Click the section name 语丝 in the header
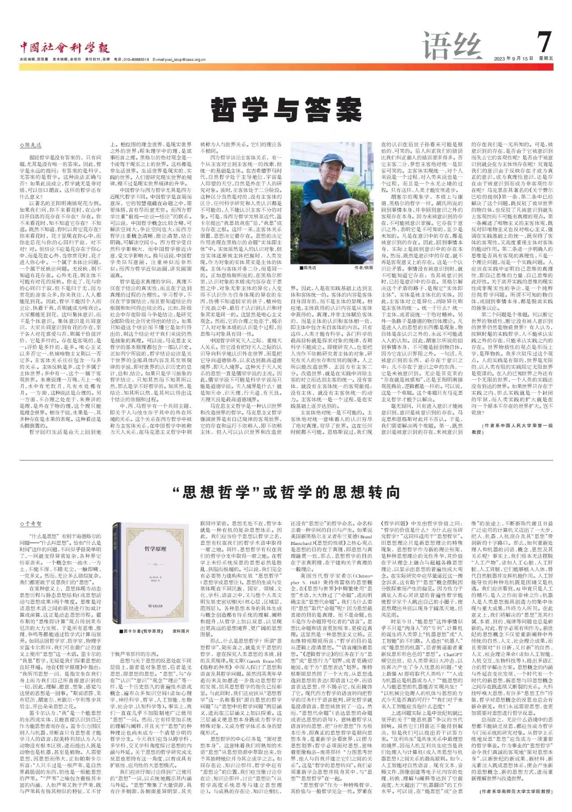pyautogui.click(x=452, y=46)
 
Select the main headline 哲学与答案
pyautogui.click(x=286, y=110)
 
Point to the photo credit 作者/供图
pyautogui.click(x=362, y=268)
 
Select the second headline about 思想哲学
pyautogui.click(x=286, y=492)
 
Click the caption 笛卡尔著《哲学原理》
pyautogui.click(x=143, y=632)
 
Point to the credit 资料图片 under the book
pyautogui.click(x=182, y=632)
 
